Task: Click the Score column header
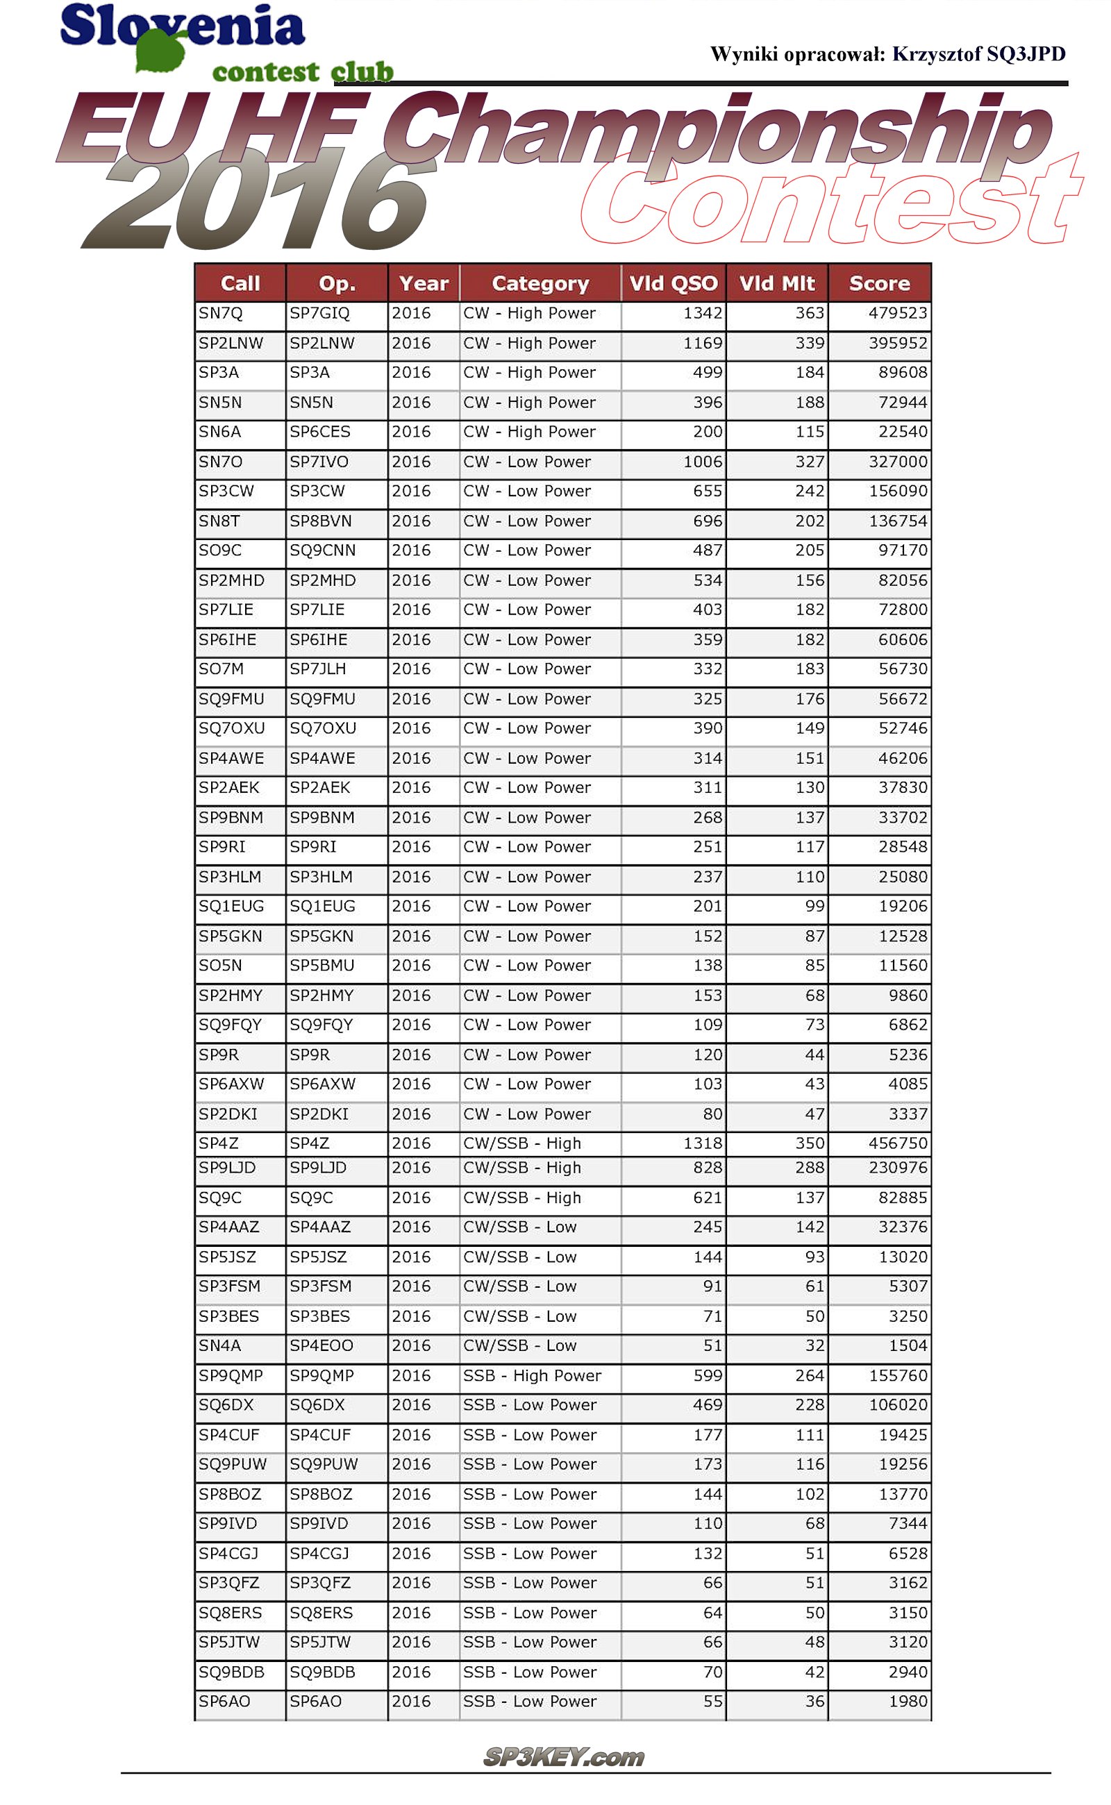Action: coord(879,283)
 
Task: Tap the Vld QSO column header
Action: coord(673,283)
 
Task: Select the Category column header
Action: coord(540,283)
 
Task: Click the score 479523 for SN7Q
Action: coord(897,314)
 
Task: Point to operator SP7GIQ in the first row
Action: coord(319,314)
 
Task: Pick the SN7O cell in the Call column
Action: coord(220,462)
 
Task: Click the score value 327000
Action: coord(897,462)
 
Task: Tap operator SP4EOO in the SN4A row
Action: coord(321,1346)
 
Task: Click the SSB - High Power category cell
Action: coord(532,1376)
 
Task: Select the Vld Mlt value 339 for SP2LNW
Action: coord(809,343)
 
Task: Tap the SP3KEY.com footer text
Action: coord(564,1757)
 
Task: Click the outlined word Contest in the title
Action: coord(830,202)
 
